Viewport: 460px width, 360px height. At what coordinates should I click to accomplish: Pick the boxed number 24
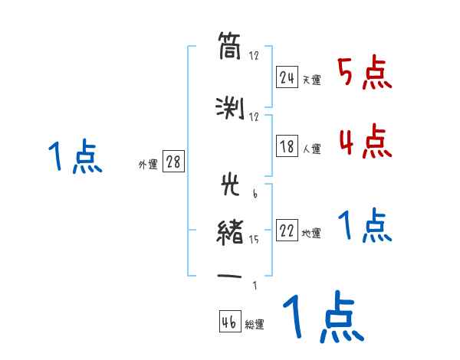click(287, 77)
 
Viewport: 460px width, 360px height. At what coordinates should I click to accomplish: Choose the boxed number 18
click(287, 148)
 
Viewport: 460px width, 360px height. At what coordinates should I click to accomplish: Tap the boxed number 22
click(287, 232)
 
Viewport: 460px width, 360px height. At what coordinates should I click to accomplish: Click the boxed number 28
click(173, 162)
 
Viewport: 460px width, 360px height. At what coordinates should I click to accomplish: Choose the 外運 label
click(148, 165)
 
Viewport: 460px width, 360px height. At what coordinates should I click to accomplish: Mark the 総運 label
click(255, 325)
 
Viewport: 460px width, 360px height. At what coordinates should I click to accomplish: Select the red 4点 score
click(364, 141)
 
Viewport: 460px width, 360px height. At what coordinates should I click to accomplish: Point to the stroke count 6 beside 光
click(254, 194)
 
